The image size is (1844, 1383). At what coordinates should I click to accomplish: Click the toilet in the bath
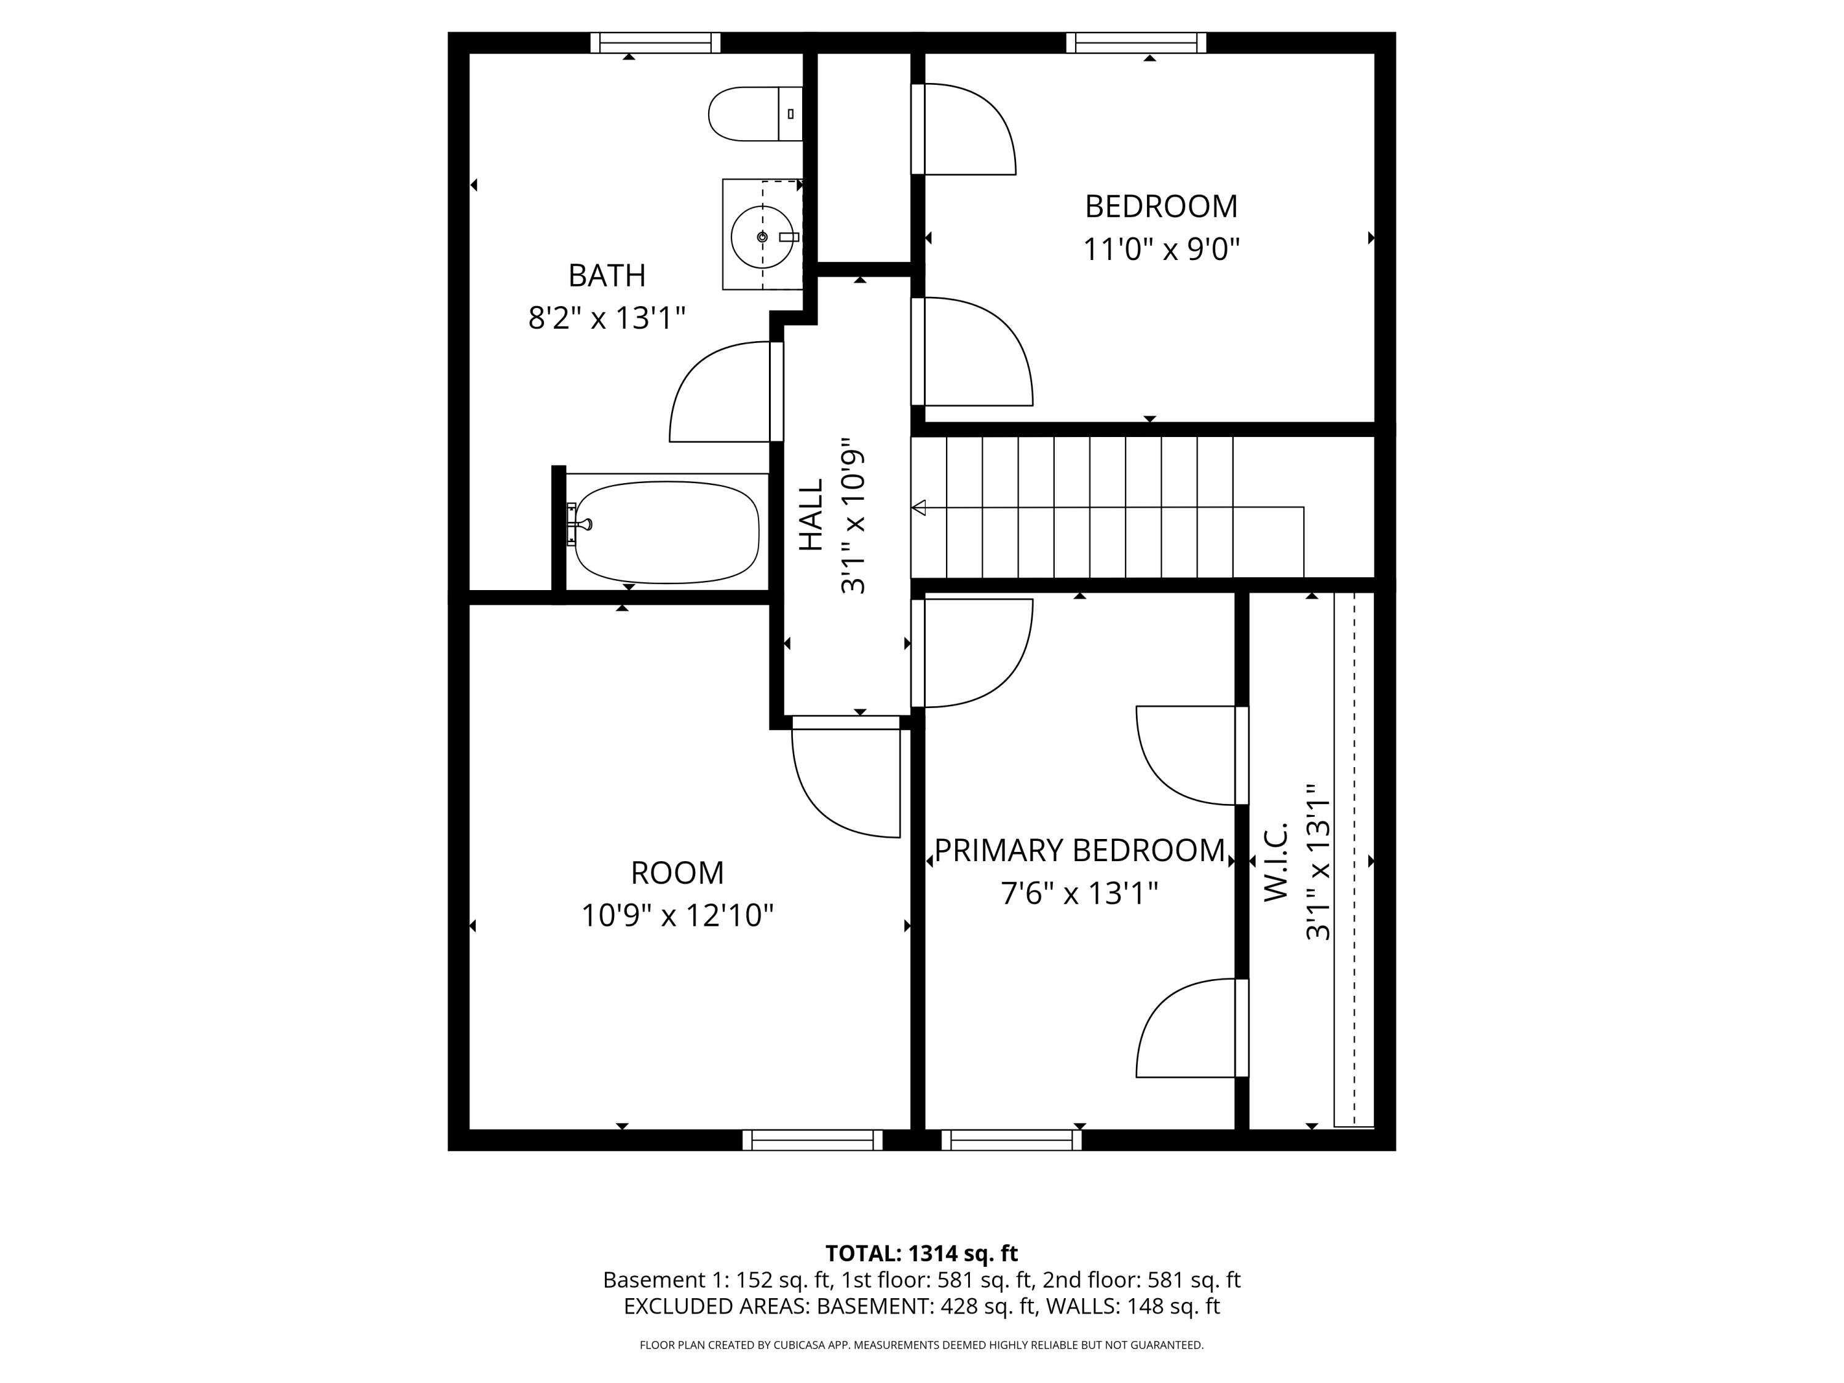click(x=751, y=113)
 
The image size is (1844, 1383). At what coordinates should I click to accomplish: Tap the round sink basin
click(x=761, y=237)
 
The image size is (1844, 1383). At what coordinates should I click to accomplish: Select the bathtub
click(x=667, y=531)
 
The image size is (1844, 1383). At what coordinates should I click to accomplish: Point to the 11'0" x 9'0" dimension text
click(x=1161, y=250)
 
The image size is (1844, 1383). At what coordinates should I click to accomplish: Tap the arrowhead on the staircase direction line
click(x=919, y=507)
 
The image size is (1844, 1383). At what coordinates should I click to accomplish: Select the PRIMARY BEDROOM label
click(x=1079, y=850)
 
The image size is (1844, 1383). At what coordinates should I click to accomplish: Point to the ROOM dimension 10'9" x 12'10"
click(x=677, y=915)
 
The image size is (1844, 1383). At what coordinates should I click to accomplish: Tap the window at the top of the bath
click(x=655, y=42)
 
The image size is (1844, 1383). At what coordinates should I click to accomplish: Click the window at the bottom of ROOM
click(x=812, y=1140)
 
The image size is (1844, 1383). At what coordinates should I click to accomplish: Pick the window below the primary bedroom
click(x=1011, y=1140)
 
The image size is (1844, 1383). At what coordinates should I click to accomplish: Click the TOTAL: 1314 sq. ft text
click(x=921, y=1253)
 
